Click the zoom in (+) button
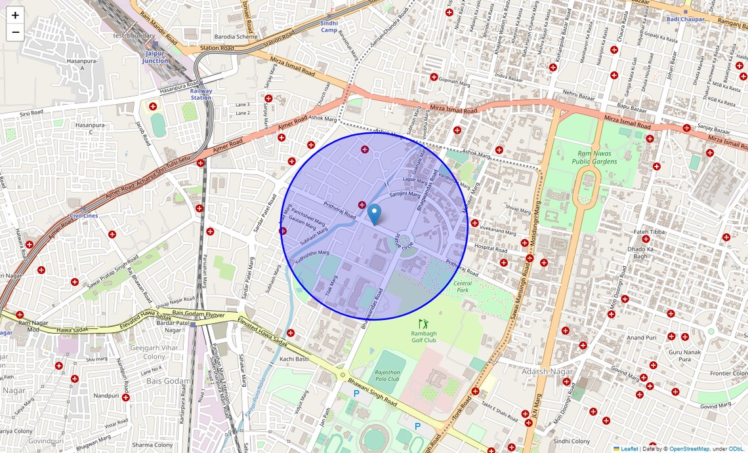[x=15, y=15]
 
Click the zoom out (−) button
[x=15, y=33]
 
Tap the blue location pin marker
[x=374, y=214]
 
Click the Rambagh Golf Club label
[x=424, y=336]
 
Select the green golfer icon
[x=423, y=324]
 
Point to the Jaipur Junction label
[x=156, y=57]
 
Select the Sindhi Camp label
[x=329, y=27]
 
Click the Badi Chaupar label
[x=685, y=19]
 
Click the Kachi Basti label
[x=295, y=359]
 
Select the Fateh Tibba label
[x=648, y=231]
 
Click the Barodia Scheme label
[x=237, y=37]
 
